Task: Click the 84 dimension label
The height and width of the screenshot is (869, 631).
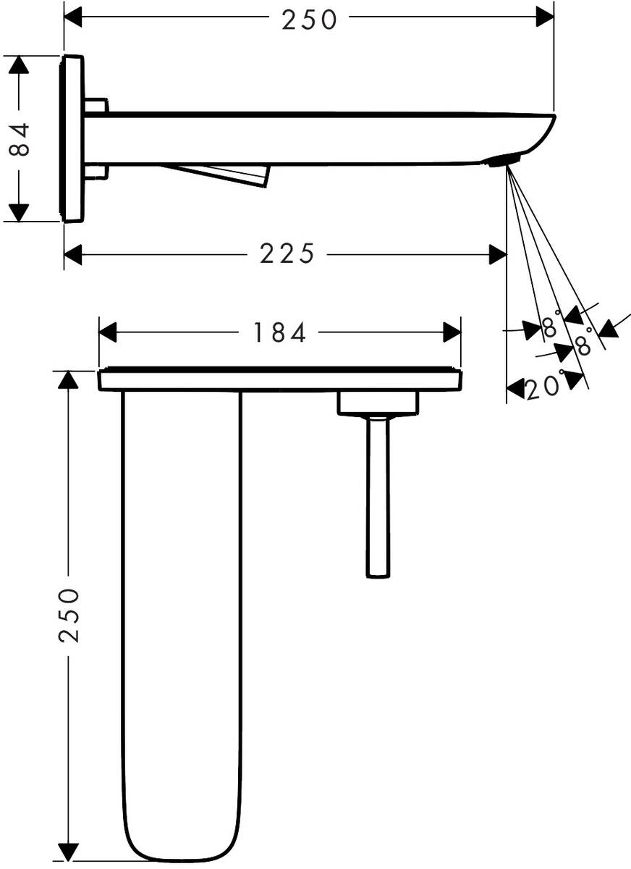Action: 22,139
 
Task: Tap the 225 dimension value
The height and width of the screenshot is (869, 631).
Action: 288,254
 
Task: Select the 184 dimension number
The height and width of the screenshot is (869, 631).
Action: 280,332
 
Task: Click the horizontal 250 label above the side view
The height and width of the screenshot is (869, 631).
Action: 310,20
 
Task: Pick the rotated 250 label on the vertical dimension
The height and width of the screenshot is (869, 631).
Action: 68,615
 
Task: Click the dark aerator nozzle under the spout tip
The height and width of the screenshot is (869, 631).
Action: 504,160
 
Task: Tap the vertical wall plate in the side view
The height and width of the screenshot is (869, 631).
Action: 72,138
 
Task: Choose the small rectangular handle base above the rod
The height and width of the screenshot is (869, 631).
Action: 378,403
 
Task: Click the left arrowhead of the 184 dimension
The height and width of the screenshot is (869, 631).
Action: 107,333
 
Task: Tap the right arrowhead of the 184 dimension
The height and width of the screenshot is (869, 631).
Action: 453,333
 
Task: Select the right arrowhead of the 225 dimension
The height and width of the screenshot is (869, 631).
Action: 498,254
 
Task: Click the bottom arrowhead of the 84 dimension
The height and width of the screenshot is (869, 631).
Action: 19,213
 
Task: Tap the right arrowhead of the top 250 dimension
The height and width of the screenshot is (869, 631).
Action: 545,16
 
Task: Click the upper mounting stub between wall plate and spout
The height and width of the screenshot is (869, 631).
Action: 96,106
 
